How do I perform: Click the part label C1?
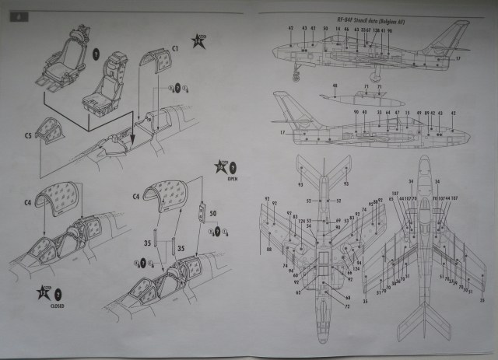pos(176,48)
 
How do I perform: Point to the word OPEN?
pos(231,176)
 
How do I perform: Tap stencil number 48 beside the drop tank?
pos(335,85)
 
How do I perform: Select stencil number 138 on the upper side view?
pos(377,29)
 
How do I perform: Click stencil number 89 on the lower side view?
pos(428,113)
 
